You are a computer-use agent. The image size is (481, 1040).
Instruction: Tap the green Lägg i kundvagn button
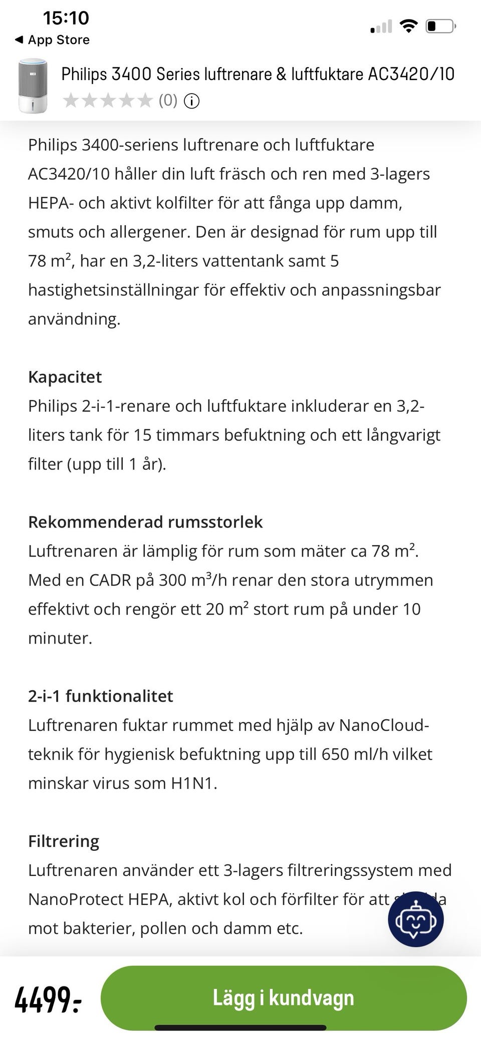(x=283, y=997)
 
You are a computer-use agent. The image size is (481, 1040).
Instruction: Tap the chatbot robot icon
(x=415, y=919)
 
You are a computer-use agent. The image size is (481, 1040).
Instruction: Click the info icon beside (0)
(x=191, y=101)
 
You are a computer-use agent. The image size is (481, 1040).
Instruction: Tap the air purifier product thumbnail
(x=33, y=86)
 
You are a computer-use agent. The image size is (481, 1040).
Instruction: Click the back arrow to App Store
(x=19, y=40)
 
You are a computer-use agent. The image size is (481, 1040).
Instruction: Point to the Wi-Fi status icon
(x=409, y=26)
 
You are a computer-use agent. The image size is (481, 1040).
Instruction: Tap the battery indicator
(x=440, y=26)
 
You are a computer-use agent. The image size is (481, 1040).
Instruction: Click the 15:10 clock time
(x=66, y=18)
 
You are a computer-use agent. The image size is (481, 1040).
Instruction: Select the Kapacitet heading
(x=65, y=377)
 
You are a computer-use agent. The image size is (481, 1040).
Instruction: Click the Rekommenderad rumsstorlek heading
(x=145, y=522)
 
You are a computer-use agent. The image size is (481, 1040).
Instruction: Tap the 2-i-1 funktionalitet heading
(x=100, y=696)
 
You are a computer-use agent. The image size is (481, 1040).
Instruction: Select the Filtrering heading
(x=64, y=841)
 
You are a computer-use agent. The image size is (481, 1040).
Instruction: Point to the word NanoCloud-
(x=384, y=725)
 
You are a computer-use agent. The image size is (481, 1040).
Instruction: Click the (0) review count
(x=168, y=101)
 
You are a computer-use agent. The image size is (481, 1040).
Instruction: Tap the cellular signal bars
(x=381, y=27)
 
